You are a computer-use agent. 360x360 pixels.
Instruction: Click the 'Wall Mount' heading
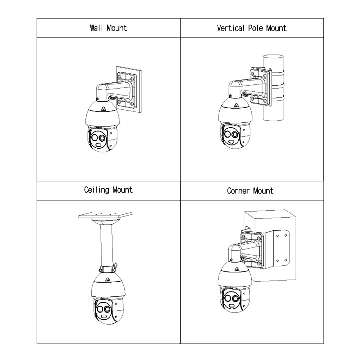click(108, 28)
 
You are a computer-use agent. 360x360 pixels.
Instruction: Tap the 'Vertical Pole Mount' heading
click(251, 28)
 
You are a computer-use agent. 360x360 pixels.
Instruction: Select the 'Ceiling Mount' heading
click(108, 190)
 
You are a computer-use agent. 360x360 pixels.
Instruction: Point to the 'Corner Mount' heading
click(250, 191)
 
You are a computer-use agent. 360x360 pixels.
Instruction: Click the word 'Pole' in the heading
click(256, 28)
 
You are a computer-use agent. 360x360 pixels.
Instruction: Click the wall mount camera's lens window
click(98, 139)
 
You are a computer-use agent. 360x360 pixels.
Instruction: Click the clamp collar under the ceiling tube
click(108, 269)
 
